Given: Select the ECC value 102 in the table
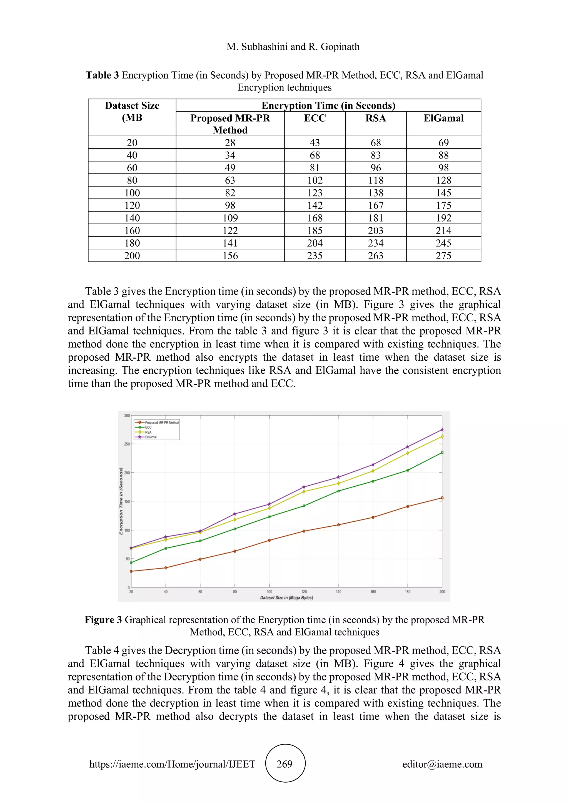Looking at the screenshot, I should (x=315, y=180).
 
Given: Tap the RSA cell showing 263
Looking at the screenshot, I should (x=376, y=256).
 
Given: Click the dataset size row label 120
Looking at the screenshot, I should (x=132, y=205).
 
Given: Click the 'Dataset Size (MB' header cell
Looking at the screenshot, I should (x=132, y=112).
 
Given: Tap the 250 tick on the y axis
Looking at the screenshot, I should (x=127, y=444).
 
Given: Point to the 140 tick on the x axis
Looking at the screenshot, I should (x=338, y=592).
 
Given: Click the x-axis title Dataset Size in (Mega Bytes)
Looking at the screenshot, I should (x=286, y=598).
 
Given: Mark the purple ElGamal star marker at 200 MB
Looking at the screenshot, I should (x=442, y=430).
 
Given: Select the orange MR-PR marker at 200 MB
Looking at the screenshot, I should (x=442, y=498).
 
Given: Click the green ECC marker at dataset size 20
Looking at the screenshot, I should (x=131, y=563).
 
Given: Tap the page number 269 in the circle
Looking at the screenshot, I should (x=284, y=764).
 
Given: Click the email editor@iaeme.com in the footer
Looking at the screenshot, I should (x=442, y=764).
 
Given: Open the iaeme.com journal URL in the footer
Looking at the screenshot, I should (x=172, y=764).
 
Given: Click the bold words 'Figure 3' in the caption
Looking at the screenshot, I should (x=103, y=620).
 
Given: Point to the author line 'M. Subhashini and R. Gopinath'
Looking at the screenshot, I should (x=293, y=47).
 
